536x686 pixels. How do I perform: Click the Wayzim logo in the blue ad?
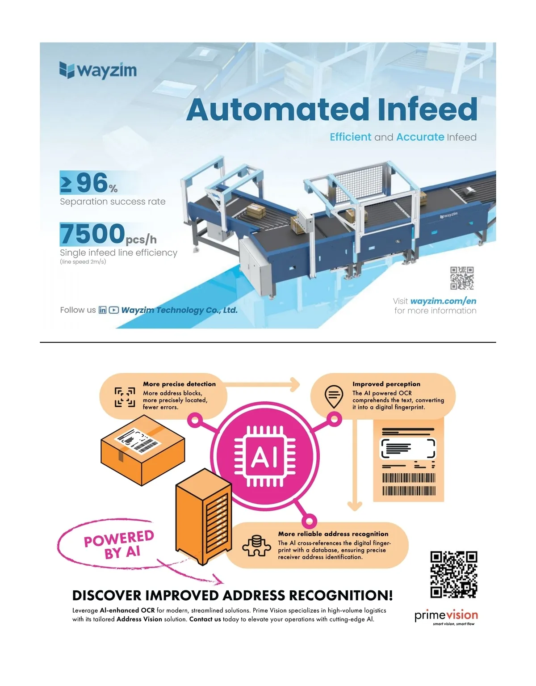click(x=98, y=70)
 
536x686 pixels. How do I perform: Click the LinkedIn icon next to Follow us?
click(x=102, y=310)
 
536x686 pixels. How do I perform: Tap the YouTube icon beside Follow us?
click(x=114, y=310)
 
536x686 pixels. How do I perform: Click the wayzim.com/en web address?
click(x=443, y=301)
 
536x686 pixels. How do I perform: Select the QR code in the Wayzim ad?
click(x=461, y=278)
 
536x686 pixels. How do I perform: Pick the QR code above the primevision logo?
click(x=453, y=575)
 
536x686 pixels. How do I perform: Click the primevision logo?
click(x=446, y=616)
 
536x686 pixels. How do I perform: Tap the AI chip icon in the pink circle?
click(x=265, y=456)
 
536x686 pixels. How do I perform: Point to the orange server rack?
click(x=204, y=516)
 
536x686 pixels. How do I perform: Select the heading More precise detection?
click(x=179, y=384)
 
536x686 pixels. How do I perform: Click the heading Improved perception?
click(x=386, y=384)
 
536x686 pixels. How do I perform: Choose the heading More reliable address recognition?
click(x=333, y=534)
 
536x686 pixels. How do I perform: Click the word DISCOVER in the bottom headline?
click(x=107, y=596)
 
